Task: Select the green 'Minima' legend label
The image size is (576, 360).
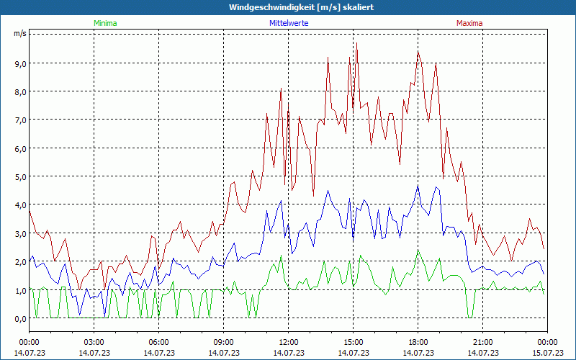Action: tap(105, 23)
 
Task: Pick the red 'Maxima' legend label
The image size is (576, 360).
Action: tap(469, 23)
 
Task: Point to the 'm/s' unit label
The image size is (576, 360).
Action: tap(19, 33)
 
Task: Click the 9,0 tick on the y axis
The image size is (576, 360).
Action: tap(19, 63)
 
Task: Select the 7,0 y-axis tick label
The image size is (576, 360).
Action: tap(19, 120)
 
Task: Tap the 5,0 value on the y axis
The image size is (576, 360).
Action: tap(19, 176)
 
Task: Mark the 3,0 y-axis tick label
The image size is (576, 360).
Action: tap(19, 233)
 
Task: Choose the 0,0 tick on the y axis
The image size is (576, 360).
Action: tap(19, 318)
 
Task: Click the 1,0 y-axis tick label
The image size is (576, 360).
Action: tap(19, 290)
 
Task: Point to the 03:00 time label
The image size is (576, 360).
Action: tap(94, 342)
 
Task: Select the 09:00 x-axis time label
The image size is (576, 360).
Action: tap(224, 342)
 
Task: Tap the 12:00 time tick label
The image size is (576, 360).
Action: tap(289, 342)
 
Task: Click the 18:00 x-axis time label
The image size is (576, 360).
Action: tap(418, 342)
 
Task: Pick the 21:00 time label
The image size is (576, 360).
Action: tap(483, 342)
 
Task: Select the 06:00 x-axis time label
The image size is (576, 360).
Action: tap(159, 342)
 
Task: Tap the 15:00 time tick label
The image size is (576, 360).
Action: tap(354, 342)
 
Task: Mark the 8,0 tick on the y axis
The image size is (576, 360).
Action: tap(19, 91)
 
